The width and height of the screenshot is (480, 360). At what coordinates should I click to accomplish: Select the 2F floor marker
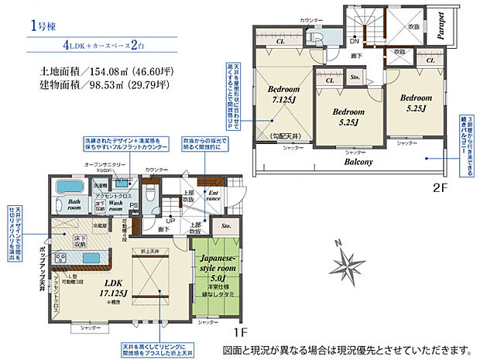440,187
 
